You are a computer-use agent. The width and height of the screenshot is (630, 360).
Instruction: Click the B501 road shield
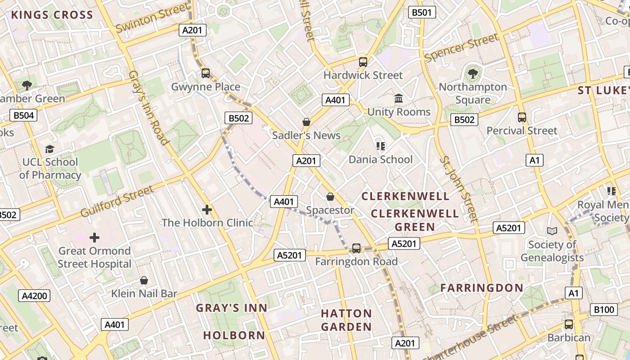422,12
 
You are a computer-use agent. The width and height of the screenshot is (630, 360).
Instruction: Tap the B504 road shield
23,116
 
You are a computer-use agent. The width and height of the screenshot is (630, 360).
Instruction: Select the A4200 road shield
34,296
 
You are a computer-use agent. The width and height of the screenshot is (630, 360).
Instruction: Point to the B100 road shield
603,310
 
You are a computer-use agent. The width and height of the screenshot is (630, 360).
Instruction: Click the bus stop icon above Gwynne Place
206,73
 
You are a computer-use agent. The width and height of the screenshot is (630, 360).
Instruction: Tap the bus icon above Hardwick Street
363,62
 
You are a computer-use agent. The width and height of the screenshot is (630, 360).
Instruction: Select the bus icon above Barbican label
569,324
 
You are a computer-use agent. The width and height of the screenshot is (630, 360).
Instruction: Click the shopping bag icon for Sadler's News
306,122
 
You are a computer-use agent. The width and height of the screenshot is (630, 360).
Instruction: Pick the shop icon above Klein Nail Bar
144,280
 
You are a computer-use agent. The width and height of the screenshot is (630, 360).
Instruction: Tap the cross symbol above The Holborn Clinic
207,209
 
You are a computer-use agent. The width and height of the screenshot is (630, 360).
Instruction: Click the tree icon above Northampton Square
472,73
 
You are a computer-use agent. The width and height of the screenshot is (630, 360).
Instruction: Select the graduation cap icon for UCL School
49,149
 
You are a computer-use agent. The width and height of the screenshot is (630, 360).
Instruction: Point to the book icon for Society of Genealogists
552,231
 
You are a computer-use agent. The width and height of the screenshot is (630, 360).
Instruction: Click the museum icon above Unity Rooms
399,98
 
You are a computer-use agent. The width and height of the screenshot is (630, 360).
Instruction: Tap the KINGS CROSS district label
52,15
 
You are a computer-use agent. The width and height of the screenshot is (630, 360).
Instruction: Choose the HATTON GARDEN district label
346,320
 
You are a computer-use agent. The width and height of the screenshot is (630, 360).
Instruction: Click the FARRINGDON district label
481,288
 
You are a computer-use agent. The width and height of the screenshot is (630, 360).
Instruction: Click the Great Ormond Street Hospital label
94,257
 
